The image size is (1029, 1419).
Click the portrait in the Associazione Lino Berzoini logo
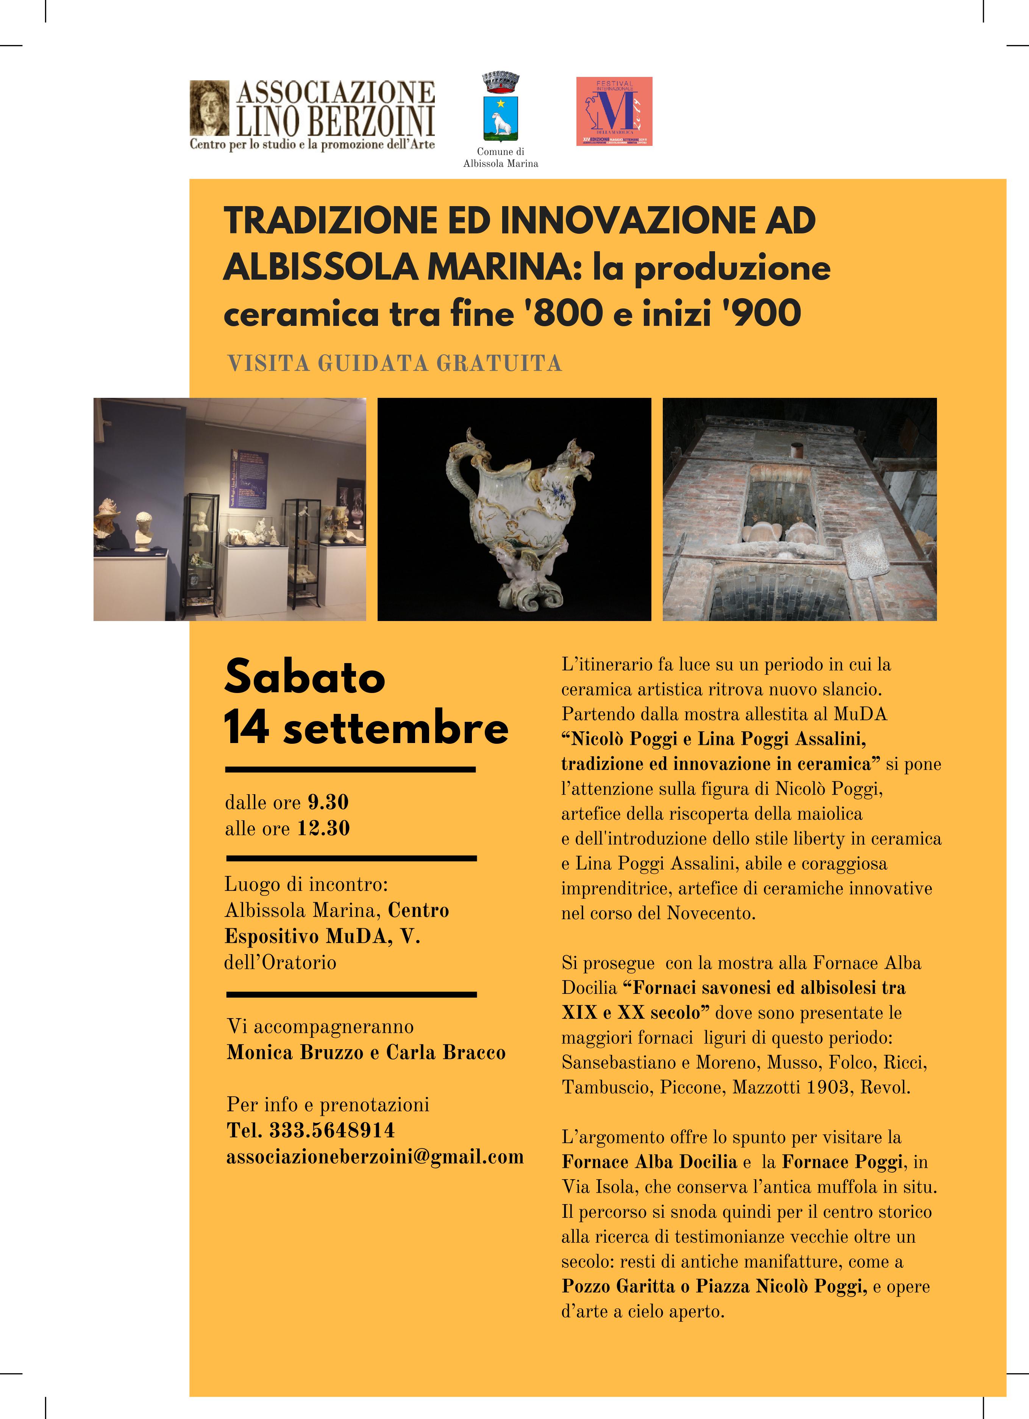tap(209, 108)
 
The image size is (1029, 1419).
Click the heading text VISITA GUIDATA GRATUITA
tap(395, 363)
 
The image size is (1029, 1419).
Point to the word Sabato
tap(304, 677)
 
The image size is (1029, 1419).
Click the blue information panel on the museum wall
tap(249, 479)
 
